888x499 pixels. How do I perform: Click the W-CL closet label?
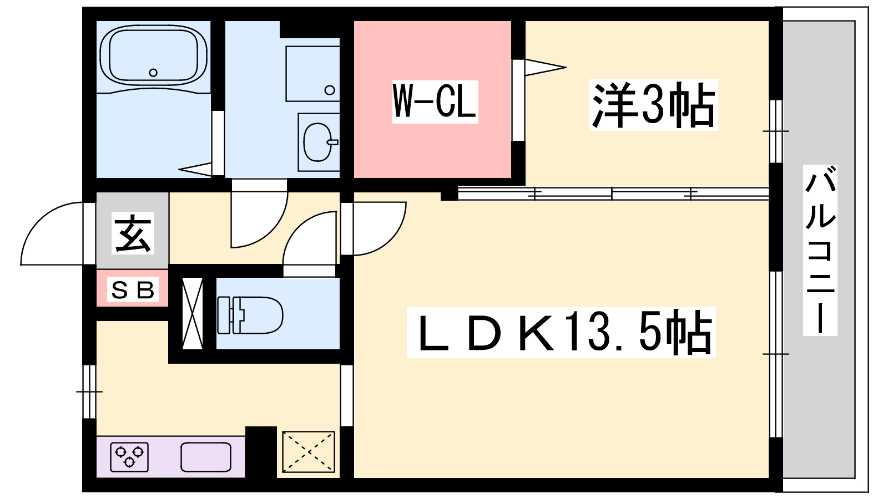pos(435,101)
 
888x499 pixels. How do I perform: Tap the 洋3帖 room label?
pos(653,105)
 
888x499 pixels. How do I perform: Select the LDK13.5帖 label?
pos(561,332)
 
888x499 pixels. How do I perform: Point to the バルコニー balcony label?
pos(820,250)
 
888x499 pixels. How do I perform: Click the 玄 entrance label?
pos(133,233)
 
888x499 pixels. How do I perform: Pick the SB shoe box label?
pos(133,290)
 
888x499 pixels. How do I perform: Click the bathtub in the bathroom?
pos(154,55)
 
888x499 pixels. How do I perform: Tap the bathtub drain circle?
pos(153,73)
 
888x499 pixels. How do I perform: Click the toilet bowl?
pos(250,315)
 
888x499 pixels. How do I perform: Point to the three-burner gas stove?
pos(129,457)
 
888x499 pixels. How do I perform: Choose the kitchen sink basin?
pos(206,457)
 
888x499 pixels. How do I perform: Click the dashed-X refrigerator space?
pos(309,452)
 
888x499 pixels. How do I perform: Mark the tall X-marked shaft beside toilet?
pos(192,313)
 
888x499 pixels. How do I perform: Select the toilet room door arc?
pos(298,227)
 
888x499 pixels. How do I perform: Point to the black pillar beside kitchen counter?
pos(261,452)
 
